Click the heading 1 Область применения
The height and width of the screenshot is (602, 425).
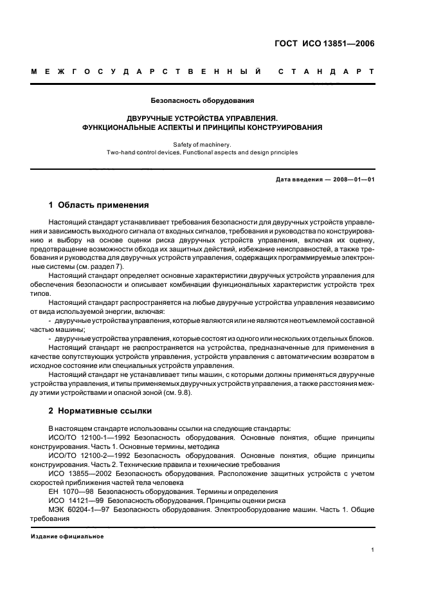(99, 205)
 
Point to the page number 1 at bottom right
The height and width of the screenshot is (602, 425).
(373, 551)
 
